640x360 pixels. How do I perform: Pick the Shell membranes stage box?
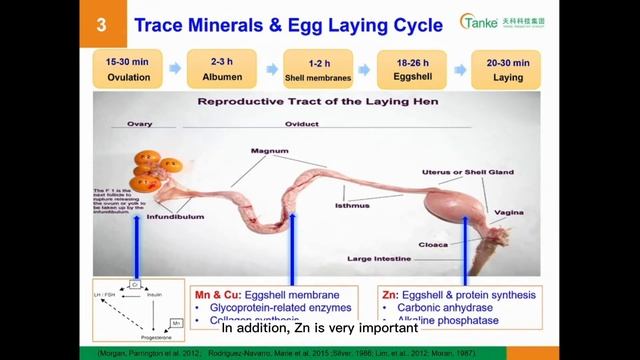[x=316, y=69]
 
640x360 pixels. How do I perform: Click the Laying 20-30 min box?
[x=508, y=69]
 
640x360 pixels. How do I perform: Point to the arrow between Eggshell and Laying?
[x=460, y=69]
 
